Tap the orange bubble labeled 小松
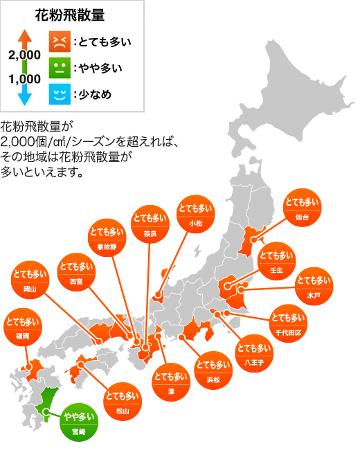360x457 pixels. pos(195,213)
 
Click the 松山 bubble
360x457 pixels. pos(122,402)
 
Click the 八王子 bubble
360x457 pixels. pos(253,353)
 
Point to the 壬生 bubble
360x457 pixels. pos(276,261)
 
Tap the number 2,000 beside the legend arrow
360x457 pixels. pos(24,54)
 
